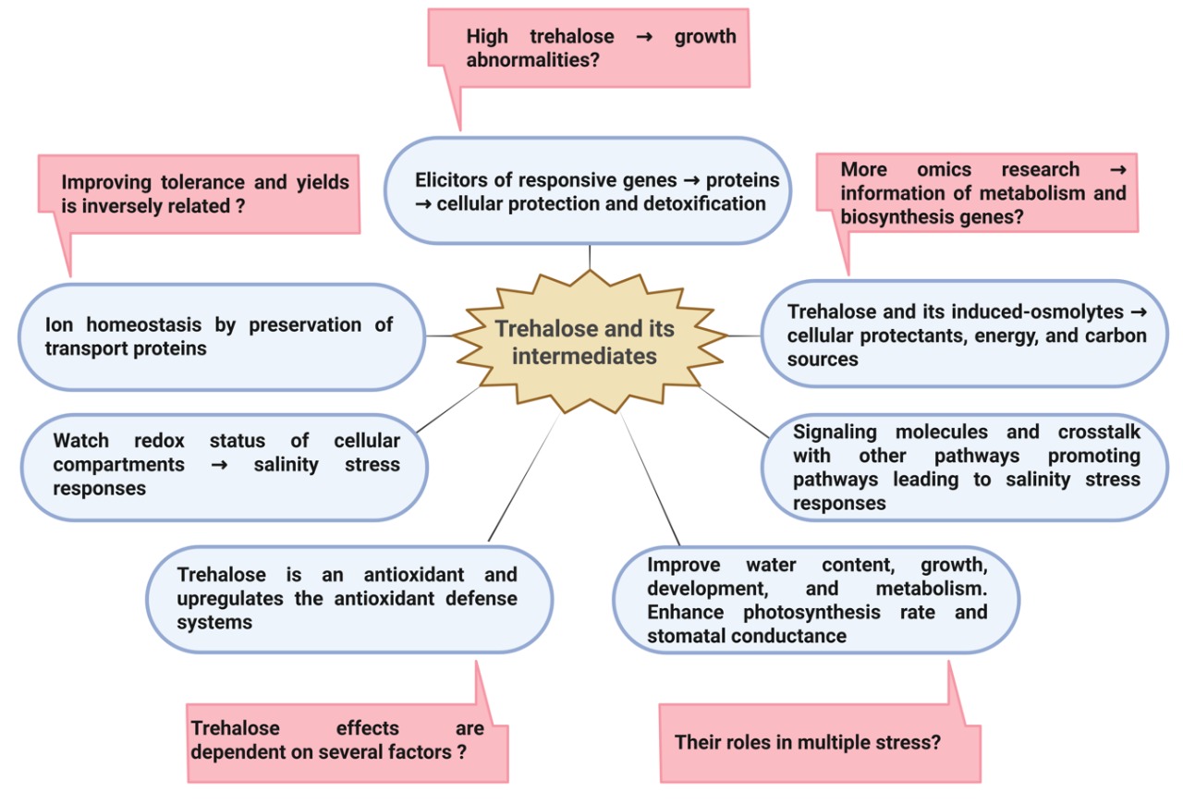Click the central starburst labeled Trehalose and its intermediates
point(584,343)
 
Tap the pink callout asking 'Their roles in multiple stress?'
point(819,742)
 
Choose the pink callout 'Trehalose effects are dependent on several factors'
point(347,740)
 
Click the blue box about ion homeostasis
point(220,336)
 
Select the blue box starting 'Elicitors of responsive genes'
point(589,191)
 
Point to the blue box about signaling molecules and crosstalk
point(965,467)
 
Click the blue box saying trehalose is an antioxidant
point(348,598)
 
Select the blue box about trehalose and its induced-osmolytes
point(965,335)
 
